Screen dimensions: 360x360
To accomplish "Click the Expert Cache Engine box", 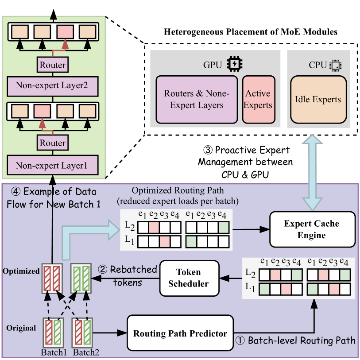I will [312, 229].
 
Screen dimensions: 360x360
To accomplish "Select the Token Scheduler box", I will [190, 278].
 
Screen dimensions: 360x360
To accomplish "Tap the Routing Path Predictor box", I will [180, 333].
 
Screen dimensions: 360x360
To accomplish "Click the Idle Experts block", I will [318, 99].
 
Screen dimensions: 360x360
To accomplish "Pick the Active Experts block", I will [259, 99].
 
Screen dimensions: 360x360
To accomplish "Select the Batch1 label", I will [53, 352].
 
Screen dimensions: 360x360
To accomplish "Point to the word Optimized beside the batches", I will [21, 271].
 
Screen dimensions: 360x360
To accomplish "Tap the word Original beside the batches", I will [21, 328].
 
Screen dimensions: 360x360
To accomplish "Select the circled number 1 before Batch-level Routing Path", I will [239, 341].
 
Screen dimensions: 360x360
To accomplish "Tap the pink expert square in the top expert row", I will [65, 32].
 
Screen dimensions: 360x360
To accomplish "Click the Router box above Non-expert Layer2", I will [53, 65].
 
